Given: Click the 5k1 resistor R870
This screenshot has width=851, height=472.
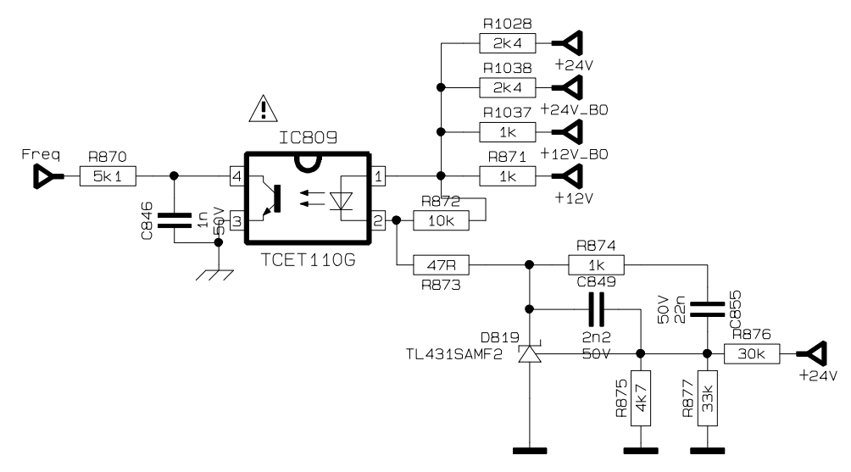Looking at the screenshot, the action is pyautogui.click(x=108, y=176).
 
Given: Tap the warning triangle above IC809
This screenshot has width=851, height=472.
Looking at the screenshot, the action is pyautogui.click(x=264, y=108).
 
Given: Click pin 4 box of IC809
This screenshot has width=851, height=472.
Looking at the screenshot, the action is pyautogui.click(x=236, y=176).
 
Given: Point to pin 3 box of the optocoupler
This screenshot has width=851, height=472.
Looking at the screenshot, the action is pyautogui.click(x=236, y=221).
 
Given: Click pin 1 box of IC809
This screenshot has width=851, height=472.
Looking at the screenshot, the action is pyautogui.click(x=378, y=176).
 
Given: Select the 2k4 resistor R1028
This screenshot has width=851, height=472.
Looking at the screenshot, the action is pyautogui.click(x=508, y=43).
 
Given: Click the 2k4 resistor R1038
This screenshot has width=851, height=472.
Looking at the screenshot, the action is pyautogui.click(x=508, y=87).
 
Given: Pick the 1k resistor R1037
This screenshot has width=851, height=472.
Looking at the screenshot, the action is pyautogui.click(x=508, y=132).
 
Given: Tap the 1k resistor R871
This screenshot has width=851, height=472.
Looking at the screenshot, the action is pyautogui.click(x=508, y=176).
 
